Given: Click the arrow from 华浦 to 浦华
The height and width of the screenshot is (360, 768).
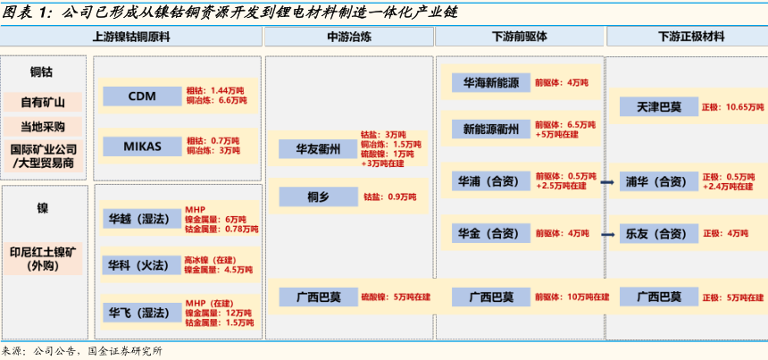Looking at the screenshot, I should tap(606, 182).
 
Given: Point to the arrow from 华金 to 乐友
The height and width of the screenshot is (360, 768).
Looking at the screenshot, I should tap(606, 235).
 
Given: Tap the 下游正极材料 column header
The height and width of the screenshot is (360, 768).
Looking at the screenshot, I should tap(685, 38).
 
